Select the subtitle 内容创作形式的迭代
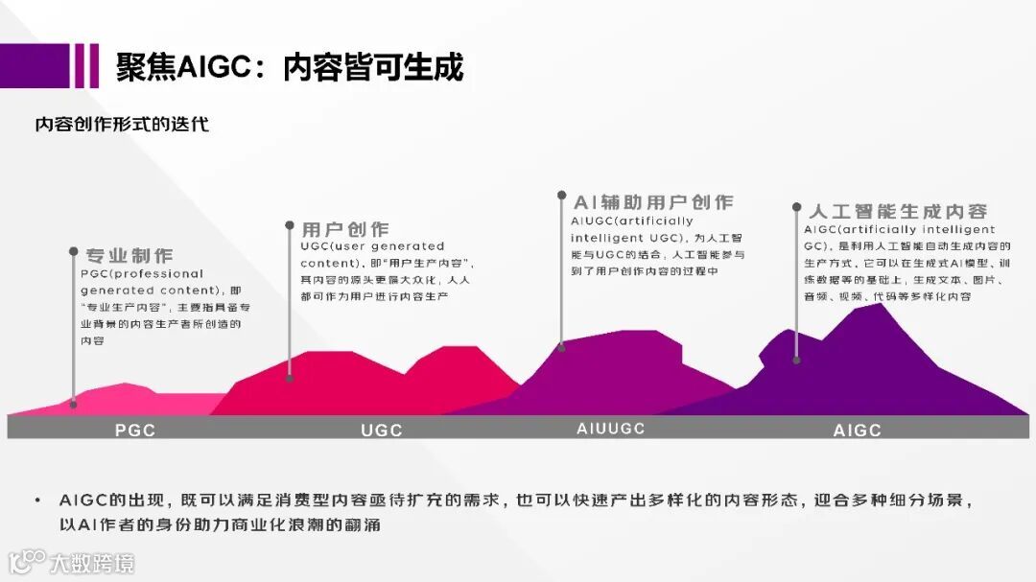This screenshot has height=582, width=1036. pyautogui.click(x=122, y=125)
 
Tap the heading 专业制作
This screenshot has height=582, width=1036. pyautogui.click(x=129, y=255)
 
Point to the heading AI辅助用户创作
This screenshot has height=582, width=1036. pyautogui.click(x=653, y=202)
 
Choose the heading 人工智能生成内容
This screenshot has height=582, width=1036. pyautogui.click(x=898, y=211)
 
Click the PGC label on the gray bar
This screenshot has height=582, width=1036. pyautogui.click(x=135, y=430)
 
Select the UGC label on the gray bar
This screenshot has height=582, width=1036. pyautogui.click(x=382, y=430)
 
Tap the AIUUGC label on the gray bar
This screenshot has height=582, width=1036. pyautogui.click(x=611, y=429)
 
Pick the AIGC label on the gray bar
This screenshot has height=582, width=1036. pyautogui.click(x=857, y=431)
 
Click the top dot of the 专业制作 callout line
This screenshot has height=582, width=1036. pyautogui.click(x=74, y=252)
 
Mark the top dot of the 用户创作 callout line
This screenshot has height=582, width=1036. pyautogui.click(x=290, y=226)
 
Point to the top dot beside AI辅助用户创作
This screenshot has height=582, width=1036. pyautogui.click(x=562, y=196)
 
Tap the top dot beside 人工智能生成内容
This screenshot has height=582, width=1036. pyautogui.click(x=796, y=206)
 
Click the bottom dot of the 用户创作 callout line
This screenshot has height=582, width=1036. pyautogui.click(x=290, y=379)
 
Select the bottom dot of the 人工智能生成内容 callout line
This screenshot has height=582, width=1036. pyautogui.click(x=796, y=360)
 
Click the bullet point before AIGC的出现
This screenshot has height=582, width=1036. pyautogui.click(x=37, y=501)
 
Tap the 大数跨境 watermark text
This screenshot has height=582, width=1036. pyautogui.click(x=92, y=563)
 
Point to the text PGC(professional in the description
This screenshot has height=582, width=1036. pyautogui.click(x=142, y=274)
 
